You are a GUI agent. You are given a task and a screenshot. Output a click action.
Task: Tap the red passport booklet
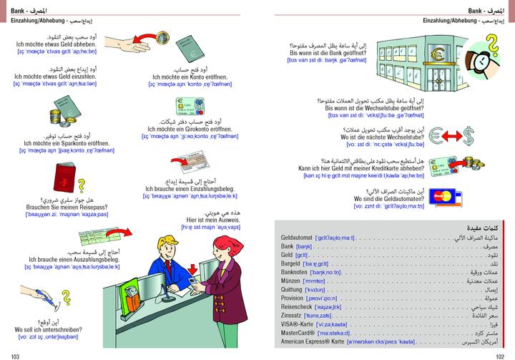[58, 179]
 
